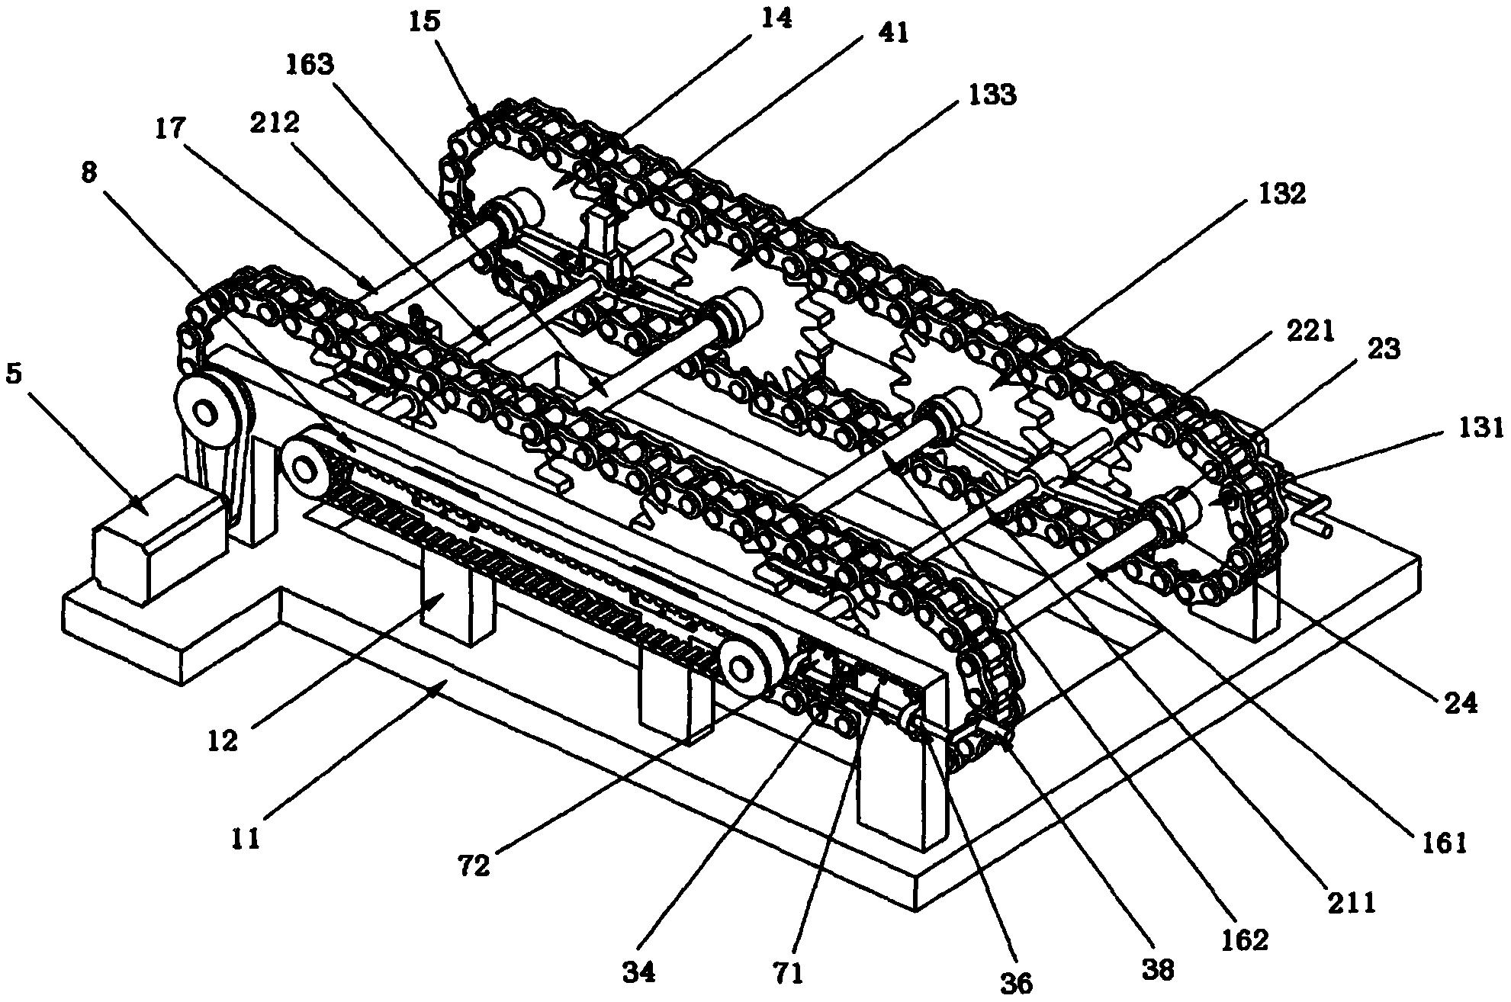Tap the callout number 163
(310, 65)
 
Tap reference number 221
(1310, 332)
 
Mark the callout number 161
(1444, 843)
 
